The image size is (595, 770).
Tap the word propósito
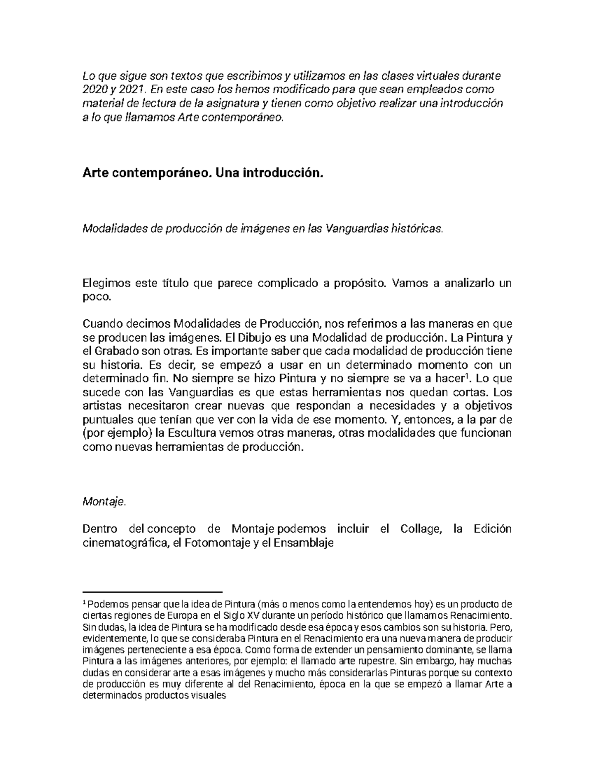tap(357, 284)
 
